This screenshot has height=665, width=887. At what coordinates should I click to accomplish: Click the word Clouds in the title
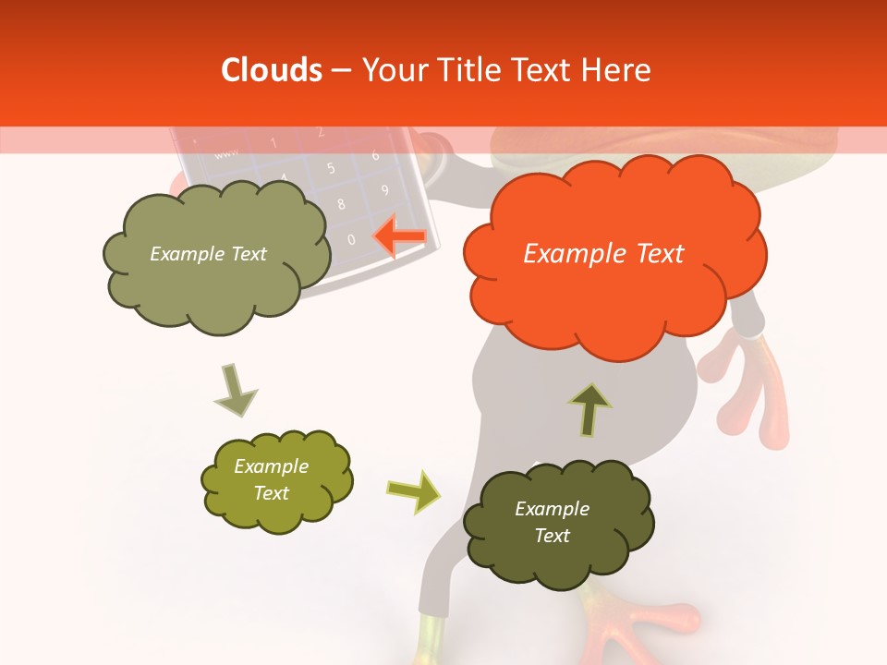pyautogui.click(x=272, y=70)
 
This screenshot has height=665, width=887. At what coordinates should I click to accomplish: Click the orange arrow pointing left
pyautogui.click(x=400, y=236)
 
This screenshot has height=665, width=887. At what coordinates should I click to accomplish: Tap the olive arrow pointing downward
pyautogui.click(x=235, y=389)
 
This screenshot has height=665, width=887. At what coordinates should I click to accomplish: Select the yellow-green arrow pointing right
pyautogui.click(x=413, y=490)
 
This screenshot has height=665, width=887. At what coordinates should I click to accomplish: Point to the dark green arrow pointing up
pyautogui.click(x=589, y=408)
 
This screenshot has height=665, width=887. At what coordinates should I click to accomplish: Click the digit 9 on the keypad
pyautogui.click(x=384, y=191)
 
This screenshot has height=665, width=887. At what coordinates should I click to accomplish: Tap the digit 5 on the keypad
pyautogui.click(x=331, y=169)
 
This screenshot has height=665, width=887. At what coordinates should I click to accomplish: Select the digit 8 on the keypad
pyautogui.click(x=341, y=204)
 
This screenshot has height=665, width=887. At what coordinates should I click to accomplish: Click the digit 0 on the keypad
pyautogui.click(x=351, y=239)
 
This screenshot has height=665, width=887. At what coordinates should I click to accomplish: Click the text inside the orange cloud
pyautogui.click(x=603, y=254)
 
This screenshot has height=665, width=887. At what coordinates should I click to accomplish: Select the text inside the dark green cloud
pyautogui.click(x=552, y=522)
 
